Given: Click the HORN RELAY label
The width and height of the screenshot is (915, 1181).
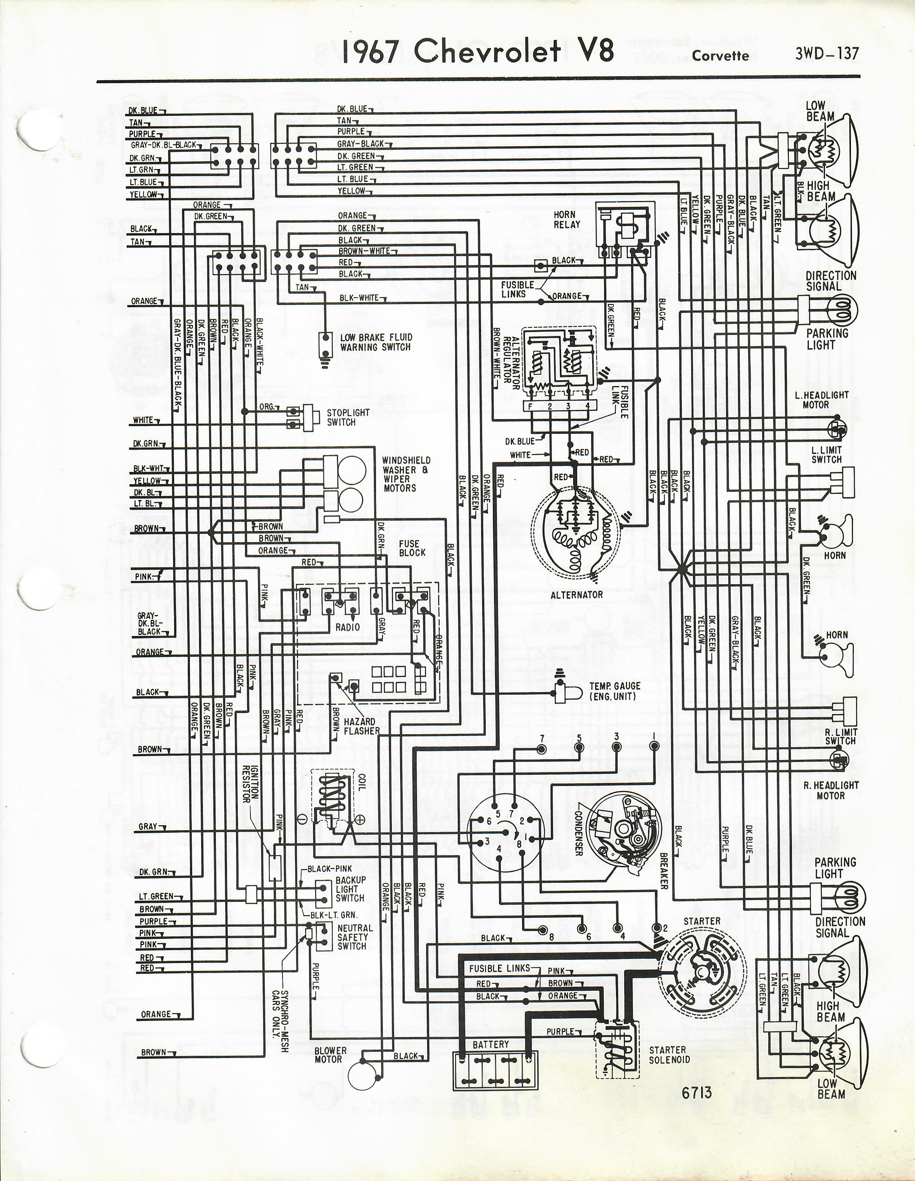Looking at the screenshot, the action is pyautogui.click(x=567, y=219).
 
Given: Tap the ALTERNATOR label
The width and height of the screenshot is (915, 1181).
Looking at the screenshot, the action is pyautogui.click(x=576, y=595).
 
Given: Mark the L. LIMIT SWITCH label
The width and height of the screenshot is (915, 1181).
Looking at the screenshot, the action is pyautogui.click(x=826, y=454).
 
